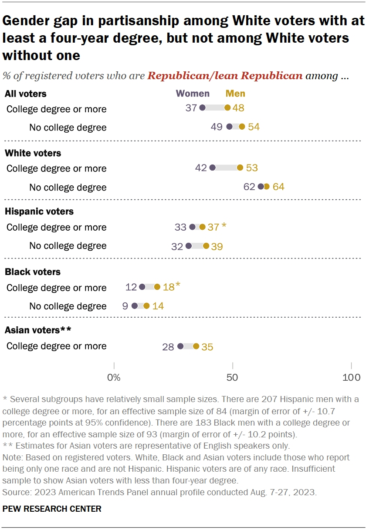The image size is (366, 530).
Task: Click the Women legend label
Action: tap(193, 94)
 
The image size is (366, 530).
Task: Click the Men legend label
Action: tap(235, 94)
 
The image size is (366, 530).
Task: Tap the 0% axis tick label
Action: tap(114, 377)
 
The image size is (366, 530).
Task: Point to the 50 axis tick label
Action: tap(233, 377)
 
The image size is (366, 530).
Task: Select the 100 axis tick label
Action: tap(351, 377)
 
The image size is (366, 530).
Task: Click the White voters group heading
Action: tap(33, 153)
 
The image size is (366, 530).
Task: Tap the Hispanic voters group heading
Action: tap(39, 212)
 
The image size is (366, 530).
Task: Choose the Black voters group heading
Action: tap(33, 272)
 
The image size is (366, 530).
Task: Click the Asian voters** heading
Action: tap(38, 330)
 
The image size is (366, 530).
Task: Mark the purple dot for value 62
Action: tap(261, 187)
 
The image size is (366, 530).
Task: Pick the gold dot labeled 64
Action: tap(267, 187)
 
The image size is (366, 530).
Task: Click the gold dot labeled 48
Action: tap(227, 108)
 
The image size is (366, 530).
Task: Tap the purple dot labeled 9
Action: tap(135, 306)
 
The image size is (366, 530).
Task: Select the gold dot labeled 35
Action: tap(196, 346)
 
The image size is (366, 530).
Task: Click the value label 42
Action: tap(201, 168)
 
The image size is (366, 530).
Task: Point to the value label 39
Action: tap(217, 246)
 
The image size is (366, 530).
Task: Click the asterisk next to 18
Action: tap(178, 285)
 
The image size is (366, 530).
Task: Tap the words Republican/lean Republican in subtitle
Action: tap(225, 76)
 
